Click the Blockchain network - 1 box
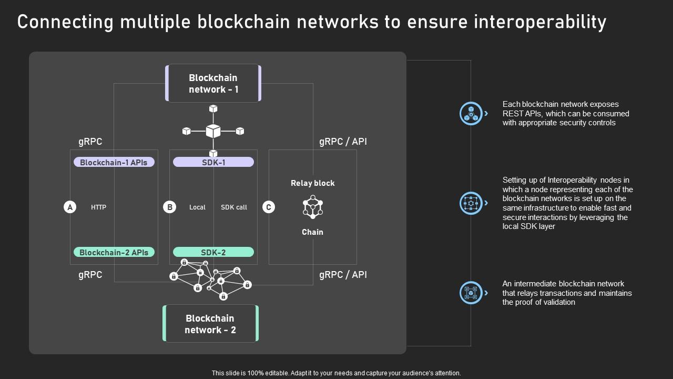tap(213, 83)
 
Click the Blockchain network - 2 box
tap(210, 324)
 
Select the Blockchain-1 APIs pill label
tap(114, 162)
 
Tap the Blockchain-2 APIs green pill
tap(114, 252)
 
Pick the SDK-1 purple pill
tap(213, 162)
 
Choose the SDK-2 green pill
tap(213, 252)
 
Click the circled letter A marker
tap(70, 207)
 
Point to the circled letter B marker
tap(169, 207)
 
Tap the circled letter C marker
tap(268, 207)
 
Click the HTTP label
tap(98, 207)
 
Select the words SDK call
tap(234, 207)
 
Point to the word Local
tap(197, 207)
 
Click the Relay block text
tap(312, 183)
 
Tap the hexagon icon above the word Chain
tap(312, 207)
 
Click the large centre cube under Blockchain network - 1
tap(213, 131)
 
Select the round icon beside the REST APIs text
tap(471, 113)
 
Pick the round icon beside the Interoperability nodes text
tap(471, 203)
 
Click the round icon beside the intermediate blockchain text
tap(471, 293)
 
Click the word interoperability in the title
tap(540, 22)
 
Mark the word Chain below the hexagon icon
tap(312, 232)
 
